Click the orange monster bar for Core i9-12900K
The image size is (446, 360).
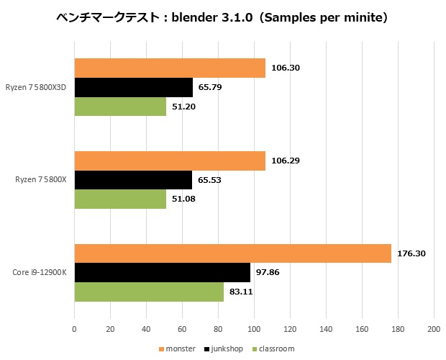coord(232,253)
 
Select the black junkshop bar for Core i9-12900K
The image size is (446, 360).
coord(162,272)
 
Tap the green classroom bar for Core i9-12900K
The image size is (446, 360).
coord(149,292)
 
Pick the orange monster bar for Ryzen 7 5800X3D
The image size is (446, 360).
coord(170,68)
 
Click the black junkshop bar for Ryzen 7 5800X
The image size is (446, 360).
coord(133,179)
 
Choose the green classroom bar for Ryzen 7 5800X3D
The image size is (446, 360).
coord(120,106)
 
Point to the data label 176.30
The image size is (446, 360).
coord(411,253)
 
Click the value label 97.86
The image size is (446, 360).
coord(270,273)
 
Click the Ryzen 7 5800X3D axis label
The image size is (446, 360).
coord(41,87)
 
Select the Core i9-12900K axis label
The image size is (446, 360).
coord(40,273)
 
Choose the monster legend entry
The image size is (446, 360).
coord(177,348)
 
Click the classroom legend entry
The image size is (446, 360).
coord(274,348)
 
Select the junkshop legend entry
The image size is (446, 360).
coord(225,348)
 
